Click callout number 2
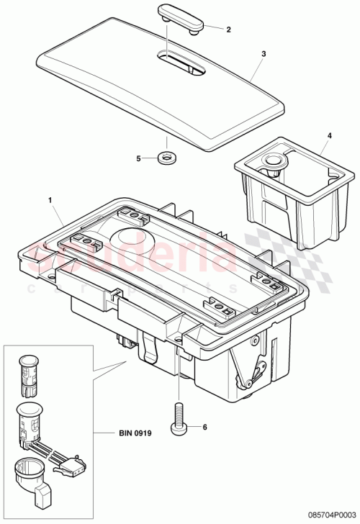click(228, 30)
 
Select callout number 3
click(264, 54)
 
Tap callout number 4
click(330, 135)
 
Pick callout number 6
click(204, 427)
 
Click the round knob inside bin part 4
click(274, 162)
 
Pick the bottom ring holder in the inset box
click(32, 478)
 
